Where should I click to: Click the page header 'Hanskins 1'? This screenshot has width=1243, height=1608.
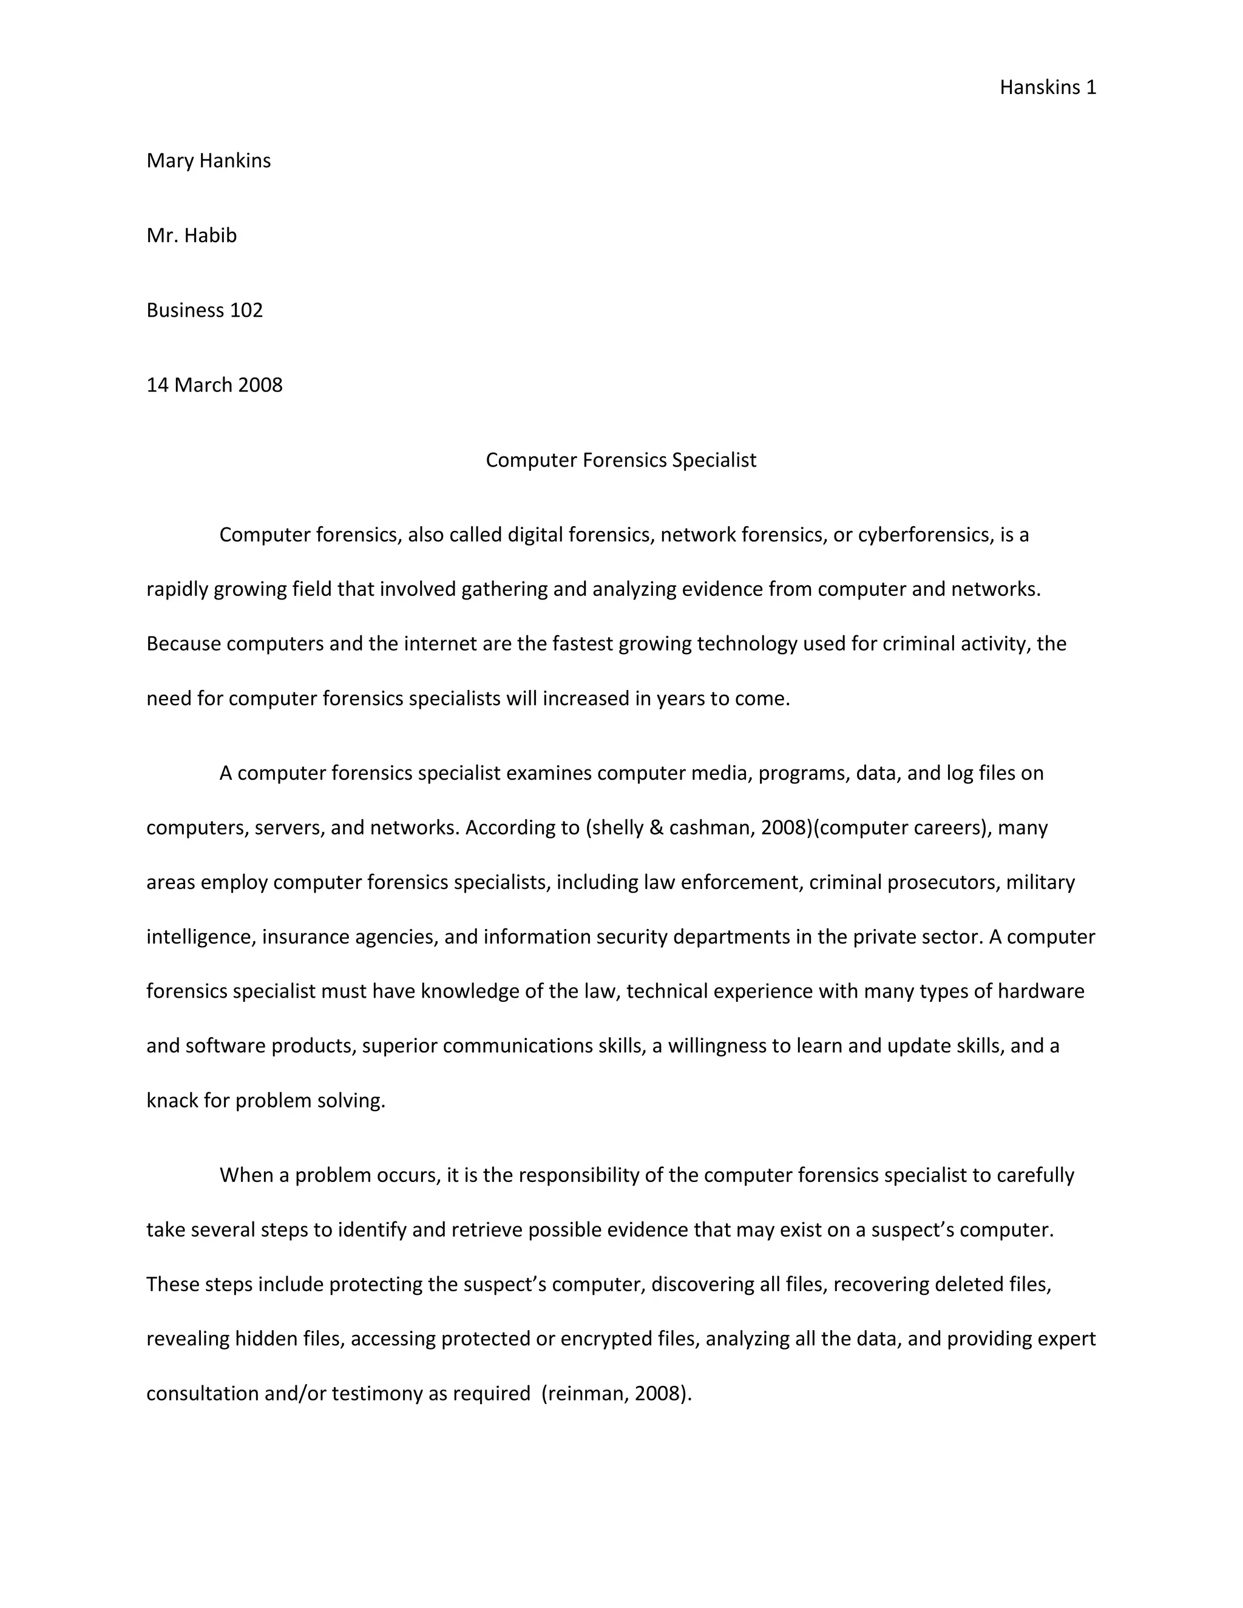tap(1047, 87)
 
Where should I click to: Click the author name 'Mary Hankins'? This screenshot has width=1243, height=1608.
tap(208, 161)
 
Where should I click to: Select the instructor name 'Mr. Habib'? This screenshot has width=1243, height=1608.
tap(191, 235)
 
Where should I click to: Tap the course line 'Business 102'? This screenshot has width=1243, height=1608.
tap(205, 310)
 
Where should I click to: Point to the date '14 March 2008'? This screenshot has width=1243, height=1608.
tap(214, 385)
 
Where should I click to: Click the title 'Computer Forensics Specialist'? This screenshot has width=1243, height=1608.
tap(621, 460)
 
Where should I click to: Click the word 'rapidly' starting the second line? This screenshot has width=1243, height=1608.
tap(177, 590)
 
